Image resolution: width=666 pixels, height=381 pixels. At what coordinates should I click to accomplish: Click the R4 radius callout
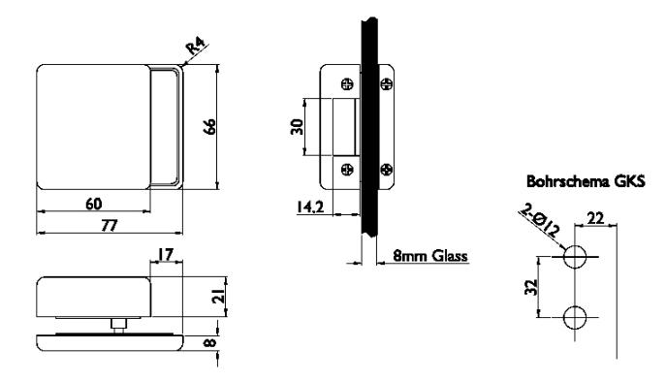click(x=197, y=46)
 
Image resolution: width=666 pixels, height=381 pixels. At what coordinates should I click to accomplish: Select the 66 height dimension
click(x=209, y=127)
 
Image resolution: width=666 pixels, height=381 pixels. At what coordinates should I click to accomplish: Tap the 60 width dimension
click(x=94, y=204)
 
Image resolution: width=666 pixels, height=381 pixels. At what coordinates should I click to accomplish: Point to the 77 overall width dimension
click(x=110, y=225)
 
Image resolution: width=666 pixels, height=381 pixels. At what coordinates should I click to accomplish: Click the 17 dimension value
click(x=166, y=254)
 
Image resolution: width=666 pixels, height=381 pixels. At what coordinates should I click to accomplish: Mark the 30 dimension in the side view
click(x=297, y=127)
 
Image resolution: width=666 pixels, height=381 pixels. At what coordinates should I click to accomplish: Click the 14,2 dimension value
click(x=310, y=206)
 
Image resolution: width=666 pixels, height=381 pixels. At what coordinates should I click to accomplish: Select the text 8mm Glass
click(x=429, y=256)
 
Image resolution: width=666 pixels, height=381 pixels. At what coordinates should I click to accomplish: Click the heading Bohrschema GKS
click(x=586, y=181)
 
